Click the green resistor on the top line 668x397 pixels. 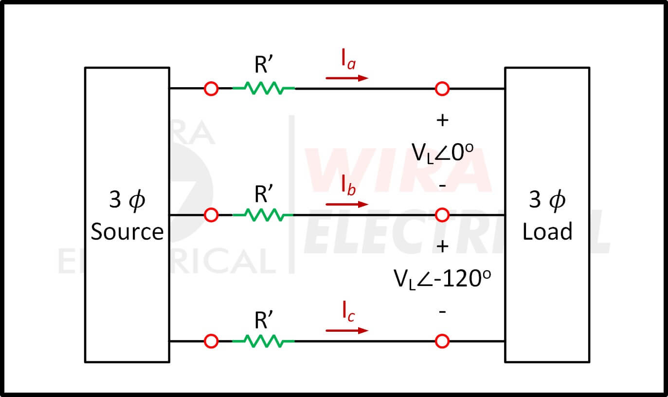pos(263,89)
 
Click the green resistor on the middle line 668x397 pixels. pos(263,214)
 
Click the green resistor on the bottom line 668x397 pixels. pos(263,341)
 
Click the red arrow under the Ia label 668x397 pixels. pos(347,78)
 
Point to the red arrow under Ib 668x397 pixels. pos(347,204)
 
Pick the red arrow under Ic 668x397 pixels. pos(347,331)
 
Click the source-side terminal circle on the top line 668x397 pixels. pos(211,89)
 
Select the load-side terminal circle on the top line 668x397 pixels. pos(442,89)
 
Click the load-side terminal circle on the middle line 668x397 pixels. pos(442,214)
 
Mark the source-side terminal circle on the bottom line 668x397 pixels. pos(211,341)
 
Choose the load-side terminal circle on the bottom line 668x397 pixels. pos(442,341)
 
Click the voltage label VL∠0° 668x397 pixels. pos(442,153)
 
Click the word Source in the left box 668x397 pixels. pos(127,231)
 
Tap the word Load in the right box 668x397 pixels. pos(547,231)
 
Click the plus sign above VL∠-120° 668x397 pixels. pos(442,246)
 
